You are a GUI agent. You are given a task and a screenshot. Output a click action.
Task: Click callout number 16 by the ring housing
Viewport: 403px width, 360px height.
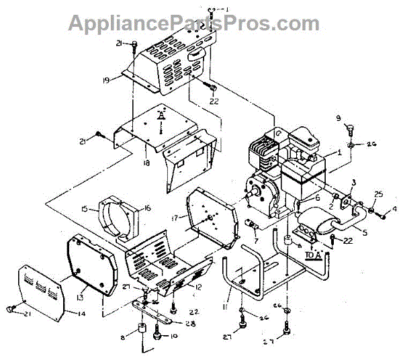pos(147,208)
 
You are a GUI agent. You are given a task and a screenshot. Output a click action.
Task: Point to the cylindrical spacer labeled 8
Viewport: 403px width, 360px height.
pos(142,334)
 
